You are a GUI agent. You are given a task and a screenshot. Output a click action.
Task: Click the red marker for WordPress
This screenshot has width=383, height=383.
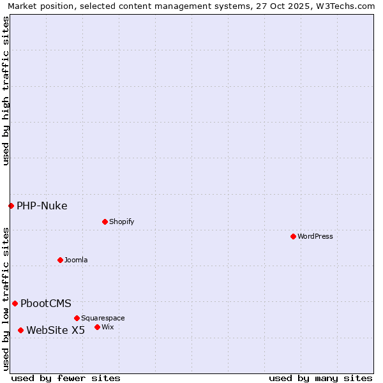point(293,236)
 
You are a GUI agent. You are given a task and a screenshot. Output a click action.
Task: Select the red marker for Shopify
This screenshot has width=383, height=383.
point(105,222)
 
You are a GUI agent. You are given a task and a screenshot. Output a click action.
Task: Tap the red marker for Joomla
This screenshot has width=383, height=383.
point(60,260)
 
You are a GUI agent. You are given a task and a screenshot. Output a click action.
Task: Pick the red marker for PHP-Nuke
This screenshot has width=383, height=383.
point(11,206)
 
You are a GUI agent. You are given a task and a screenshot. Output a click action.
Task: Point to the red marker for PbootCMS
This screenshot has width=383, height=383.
point(15,303)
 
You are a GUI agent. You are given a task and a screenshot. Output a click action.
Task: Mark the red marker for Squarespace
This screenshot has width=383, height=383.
point(77,318)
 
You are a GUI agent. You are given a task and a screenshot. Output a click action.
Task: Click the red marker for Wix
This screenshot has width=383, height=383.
point(97,327)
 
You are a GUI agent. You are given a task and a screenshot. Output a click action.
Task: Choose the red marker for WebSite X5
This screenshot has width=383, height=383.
point(20,330)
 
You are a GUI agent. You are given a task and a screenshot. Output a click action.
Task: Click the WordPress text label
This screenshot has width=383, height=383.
point(315,236)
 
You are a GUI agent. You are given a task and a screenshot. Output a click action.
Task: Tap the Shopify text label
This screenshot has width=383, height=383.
point(121,222)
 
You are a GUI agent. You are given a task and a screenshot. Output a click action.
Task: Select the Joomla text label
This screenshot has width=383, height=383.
point(76,260)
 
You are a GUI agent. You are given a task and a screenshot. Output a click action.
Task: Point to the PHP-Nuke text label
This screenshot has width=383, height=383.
point(41,206)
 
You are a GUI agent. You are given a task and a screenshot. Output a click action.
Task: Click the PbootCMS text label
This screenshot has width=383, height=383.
point(45,303)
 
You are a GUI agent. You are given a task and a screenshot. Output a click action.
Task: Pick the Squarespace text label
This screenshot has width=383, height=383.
point(103,318)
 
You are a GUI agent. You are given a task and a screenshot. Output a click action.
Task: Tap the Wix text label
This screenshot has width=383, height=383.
point(107,327)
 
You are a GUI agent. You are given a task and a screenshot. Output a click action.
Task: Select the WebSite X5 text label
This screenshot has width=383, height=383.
point(56,330)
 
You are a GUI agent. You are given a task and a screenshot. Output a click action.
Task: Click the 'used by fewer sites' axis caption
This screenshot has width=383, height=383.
point(66,378)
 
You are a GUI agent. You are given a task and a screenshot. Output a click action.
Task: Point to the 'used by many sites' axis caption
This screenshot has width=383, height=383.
point(320,378)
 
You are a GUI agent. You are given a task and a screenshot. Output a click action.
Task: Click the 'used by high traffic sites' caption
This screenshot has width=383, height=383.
point(6,91)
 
